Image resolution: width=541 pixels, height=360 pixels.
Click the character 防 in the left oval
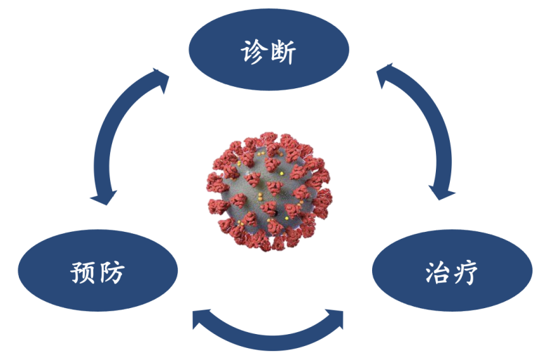point(113,272)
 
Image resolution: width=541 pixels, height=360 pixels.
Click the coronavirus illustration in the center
point(270,191)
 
